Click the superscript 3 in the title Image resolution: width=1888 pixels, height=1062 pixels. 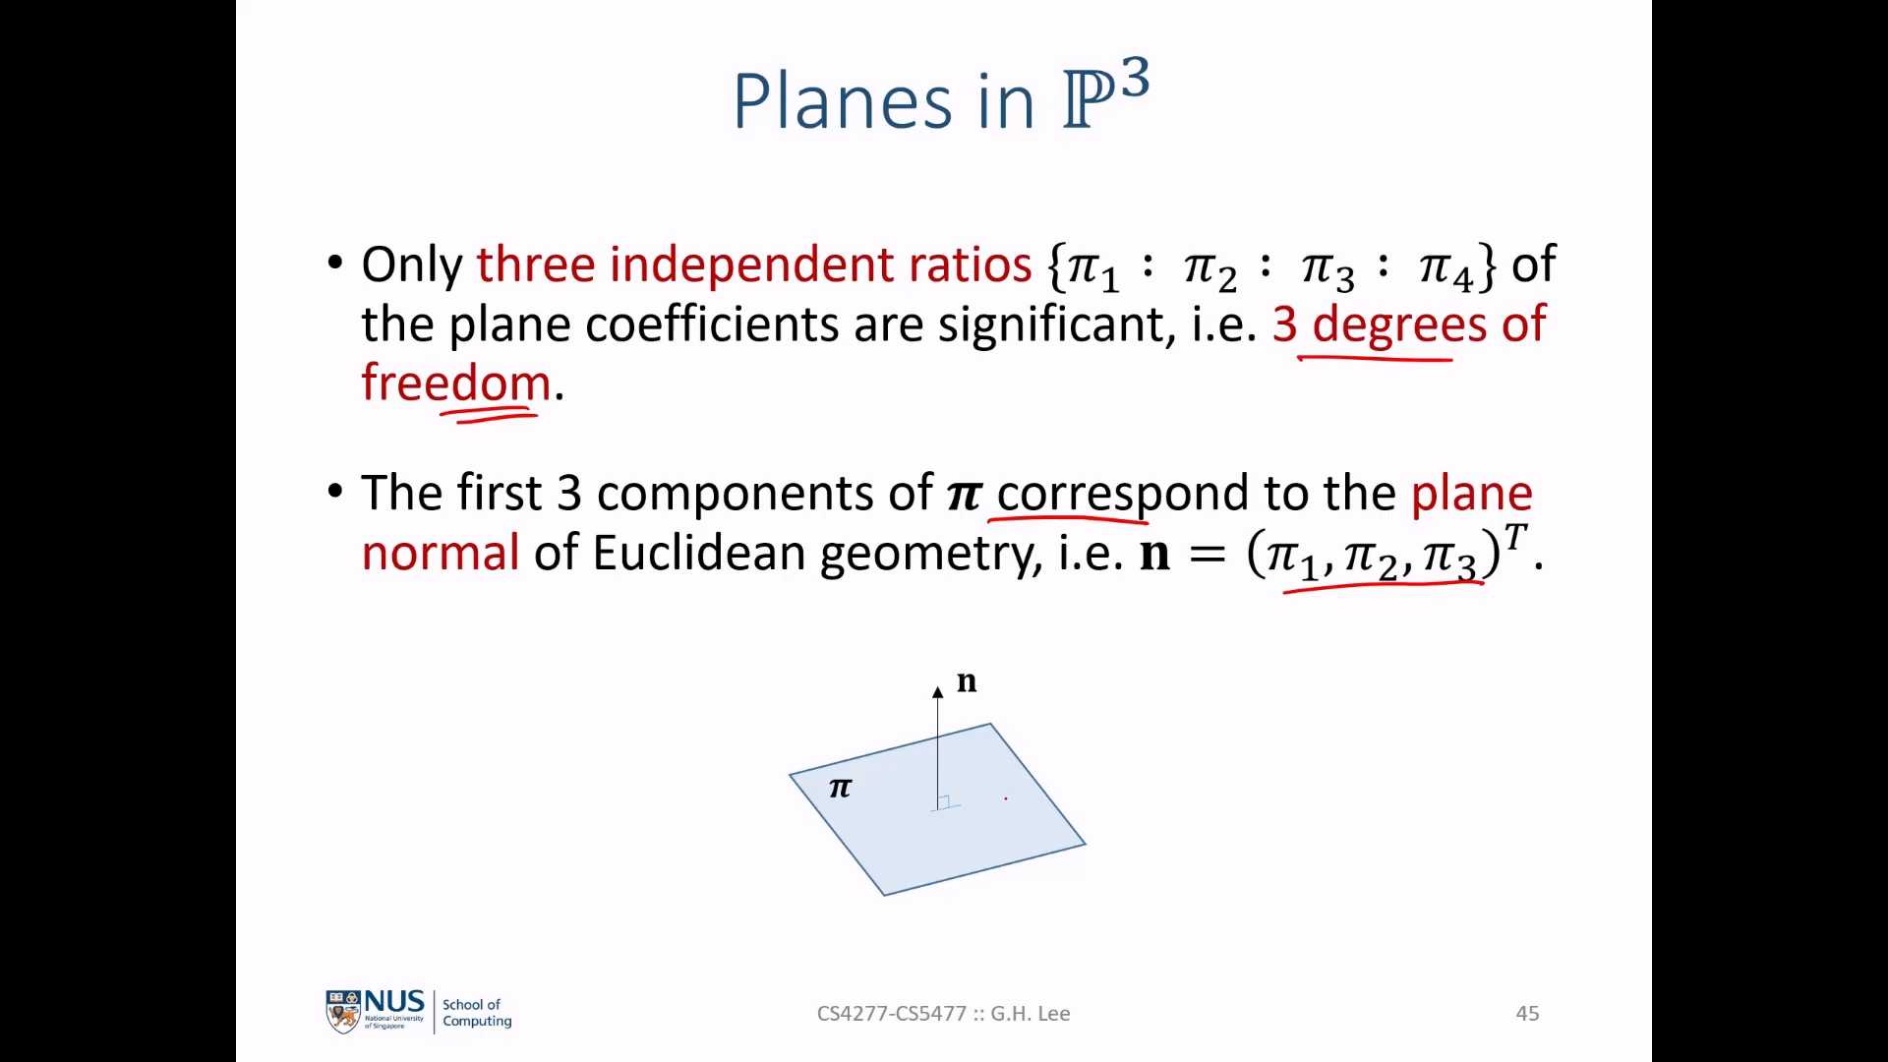pyautogui.click(x=1134, y=78)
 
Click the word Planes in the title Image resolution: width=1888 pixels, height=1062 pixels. pyautogui.click(x=843, y=101)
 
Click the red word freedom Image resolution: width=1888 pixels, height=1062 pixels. pyautogui.click(x=456, y=382)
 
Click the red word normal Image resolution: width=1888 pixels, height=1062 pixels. pyautogui.click(x=441, y=553)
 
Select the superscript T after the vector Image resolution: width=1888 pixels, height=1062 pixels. pyautogui.click(x=1515, y=538)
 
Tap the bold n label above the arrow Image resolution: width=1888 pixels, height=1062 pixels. pyautogui.click(x=967, y=681)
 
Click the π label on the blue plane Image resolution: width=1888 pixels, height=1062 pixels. pyautogui.click(x=840, y=788)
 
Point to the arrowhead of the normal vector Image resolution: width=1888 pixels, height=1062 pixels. pyautogui.click(x=938, y=691)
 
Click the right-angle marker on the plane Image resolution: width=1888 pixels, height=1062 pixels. pyautogui.click(x=944, y=802)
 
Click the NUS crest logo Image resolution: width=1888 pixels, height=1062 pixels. pyautogui.click(x=343, y=1013)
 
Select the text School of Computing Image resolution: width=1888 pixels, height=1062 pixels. pyautogui.click(x=477, y=1013)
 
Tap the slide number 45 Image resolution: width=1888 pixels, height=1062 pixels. pyautogui.click(x=1527, y=1014)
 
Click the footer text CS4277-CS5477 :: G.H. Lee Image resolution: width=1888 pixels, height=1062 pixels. pyautogui.click(x=943, y=1014)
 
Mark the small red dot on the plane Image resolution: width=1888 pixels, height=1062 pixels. pyautogui.click(x=1006, y=798)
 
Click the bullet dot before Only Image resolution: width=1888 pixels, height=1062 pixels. pyautogui.click(x=335, y=264)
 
